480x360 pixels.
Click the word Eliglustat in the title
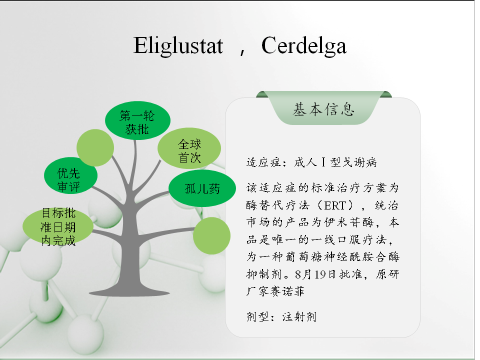(178, 46)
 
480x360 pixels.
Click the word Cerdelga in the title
(303, 46)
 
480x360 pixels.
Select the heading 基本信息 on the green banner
(323, 109)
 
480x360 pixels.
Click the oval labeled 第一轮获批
(137, 120)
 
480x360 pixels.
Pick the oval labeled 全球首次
(189, 148)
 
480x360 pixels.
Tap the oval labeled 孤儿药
(202, 188)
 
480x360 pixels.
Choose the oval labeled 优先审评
(70, 175)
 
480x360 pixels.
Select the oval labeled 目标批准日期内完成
(58, 226)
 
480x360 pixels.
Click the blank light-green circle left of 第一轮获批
(95, 147)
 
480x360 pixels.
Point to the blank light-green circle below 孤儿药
(212, 235)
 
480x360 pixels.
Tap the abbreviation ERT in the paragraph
(335, 205)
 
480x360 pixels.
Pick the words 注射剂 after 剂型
(299, 316)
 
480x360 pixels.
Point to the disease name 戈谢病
(359, 162)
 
